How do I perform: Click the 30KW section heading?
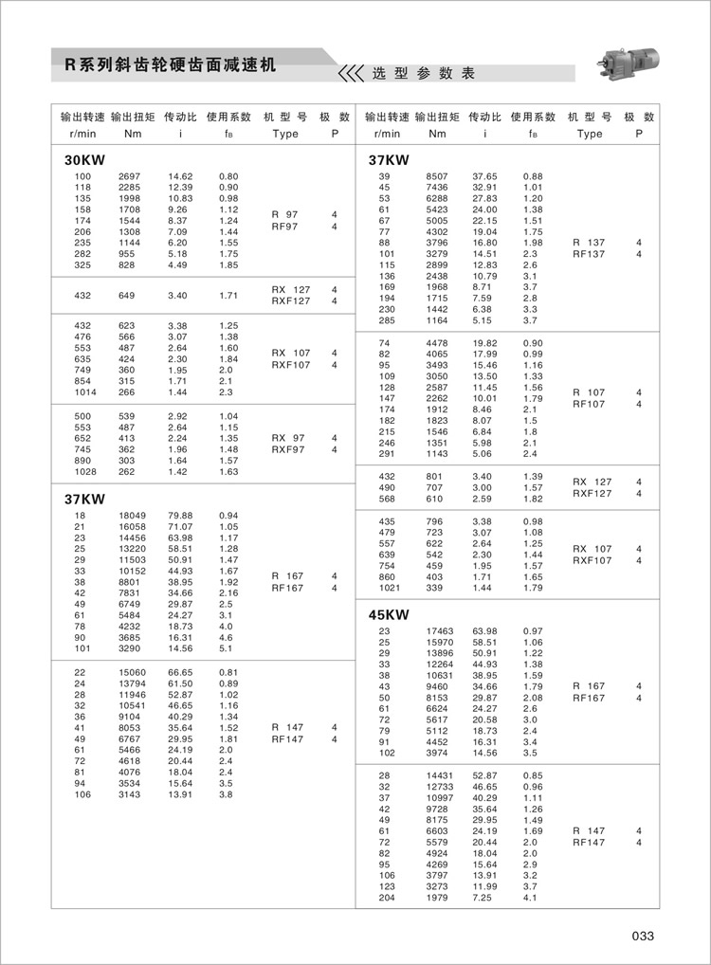(x=85, y=160)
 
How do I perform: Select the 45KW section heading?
(x=389, y=614)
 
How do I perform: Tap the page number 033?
(x=643, y=936)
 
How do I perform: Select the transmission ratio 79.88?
(x=180, y=516)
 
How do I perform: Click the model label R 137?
(x=589, y=243)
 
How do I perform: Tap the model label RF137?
(x=589, y=254)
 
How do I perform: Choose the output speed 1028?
(x=85, y=471)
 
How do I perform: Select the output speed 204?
(x=386, y=897)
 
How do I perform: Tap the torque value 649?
(x=127, y=296)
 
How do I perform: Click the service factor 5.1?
(x=226, y=649)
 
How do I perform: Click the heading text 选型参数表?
(x=423, y=73)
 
